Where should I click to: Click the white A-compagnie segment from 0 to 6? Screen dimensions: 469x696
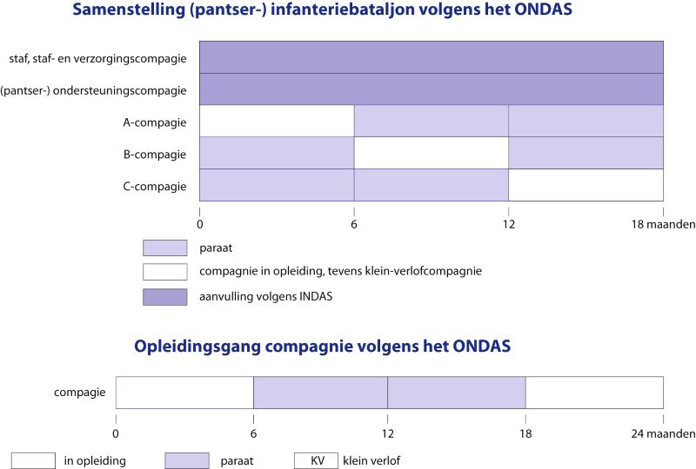(277, 122)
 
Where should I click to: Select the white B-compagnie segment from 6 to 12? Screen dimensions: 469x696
(431, 154)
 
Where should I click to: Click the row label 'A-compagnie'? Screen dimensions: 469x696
(155, 122)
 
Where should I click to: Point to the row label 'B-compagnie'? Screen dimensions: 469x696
(155, 155)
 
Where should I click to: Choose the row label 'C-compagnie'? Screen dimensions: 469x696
(155, 186)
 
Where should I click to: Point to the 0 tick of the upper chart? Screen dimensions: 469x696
(200, 223)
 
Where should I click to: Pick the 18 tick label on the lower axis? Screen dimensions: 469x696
(525, 432)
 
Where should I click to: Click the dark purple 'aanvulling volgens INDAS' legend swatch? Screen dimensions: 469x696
(164, 297)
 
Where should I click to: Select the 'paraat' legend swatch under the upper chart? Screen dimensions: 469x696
(164, 248)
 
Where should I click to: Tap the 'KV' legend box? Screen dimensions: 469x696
(316, 460)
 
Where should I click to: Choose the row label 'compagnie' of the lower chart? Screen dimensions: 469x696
(80, 393)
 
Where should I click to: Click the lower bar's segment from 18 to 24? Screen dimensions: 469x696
(594, 393)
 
